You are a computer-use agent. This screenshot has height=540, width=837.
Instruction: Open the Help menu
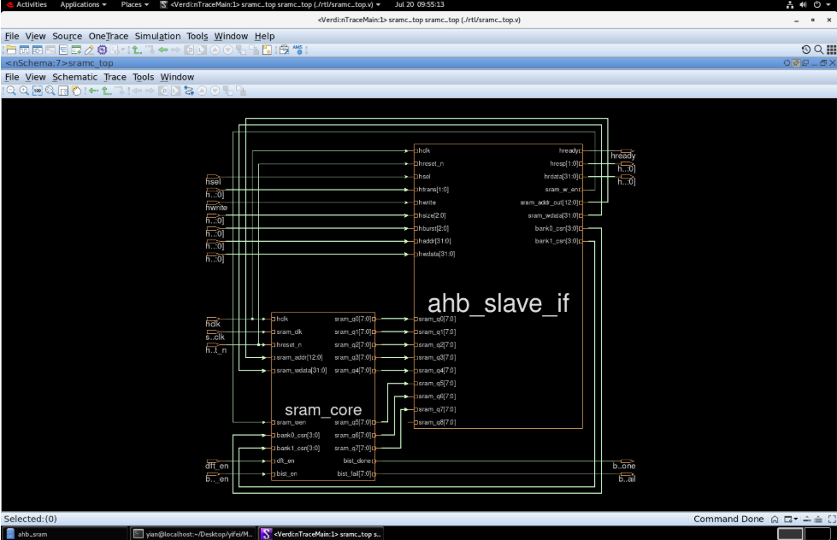click(264, 36)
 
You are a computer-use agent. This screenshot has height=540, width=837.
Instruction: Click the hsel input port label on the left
click(214, 181)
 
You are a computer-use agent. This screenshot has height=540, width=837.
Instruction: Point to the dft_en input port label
click(217, 466)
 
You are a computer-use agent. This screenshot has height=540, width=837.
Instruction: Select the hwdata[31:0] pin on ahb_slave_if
click(437, 255)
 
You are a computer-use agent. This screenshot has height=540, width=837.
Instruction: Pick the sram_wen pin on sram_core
click(291, 422)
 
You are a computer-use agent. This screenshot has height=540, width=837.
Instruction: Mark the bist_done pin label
click(354, 461)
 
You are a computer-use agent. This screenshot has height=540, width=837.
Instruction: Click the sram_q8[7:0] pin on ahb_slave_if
click(437, 422)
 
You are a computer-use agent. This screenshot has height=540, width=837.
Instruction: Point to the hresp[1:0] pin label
click(564, 163)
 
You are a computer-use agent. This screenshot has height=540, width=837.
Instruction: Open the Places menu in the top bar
click(131, 4)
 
